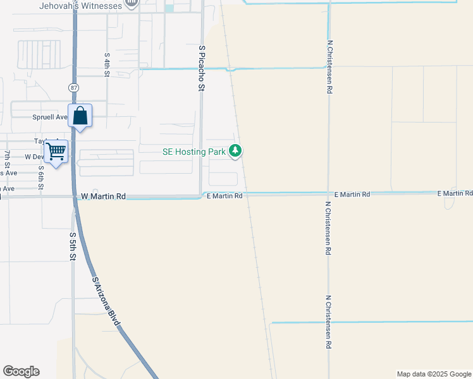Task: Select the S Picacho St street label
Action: click(202, 68)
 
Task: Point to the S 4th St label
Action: click(107, 64)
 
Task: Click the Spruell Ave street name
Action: click(49, 117)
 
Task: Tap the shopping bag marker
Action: click(80, 116)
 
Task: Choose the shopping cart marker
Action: click(56, 152)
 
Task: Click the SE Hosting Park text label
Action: click(193, 151)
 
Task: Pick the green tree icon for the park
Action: click(235, 151)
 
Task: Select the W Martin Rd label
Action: click(103, 196)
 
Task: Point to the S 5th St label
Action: click(73, 247)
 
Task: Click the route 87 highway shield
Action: click(73, 87)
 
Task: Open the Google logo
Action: click(21, 371)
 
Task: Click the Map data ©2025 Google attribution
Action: click(434, 374)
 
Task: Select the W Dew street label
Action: click(34, 156)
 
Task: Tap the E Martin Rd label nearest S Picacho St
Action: click(225, 196)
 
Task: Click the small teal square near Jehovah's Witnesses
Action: click(169, 8)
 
